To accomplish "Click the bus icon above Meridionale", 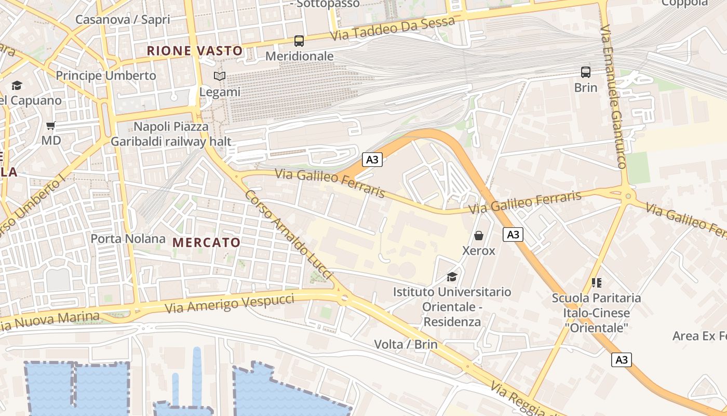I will [x=299, y=41].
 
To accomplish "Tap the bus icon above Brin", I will [x=586, y=72].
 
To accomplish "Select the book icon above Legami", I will [x=220, y=76].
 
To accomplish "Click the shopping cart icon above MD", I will [x=51, y=125].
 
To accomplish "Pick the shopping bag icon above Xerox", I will [x=479, y=236].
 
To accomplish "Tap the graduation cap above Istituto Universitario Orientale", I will [x=452, y=277].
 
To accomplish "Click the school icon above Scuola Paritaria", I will [x=597, y=283].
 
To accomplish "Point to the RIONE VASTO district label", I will [x=195, y=51].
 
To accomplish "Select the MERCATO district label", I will [x=207, y=242].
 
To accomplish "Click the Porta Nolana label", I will [x=128, y=239].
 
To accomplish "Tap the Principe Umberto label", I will [x=106, y=75].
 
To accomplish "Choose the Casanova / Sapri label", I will [x=123, y=20].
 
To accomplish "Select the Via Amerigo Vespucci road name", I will [x=230, y=303].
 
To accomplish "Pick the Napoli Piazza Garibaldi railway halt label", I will [x=171, y=134].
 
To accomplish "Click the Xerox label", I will [x=479, y=251].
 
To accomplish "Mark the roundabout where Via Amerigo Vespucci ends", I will [x=344, y=297].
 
